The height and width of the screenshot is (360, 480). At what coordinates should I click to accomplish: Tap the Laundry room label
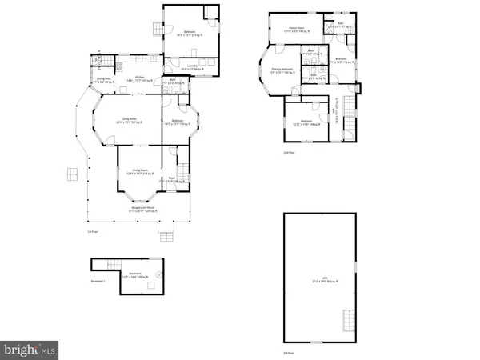[192, 67]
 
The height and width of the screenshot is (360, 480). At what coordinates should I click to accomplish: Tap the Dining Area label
[102, 78]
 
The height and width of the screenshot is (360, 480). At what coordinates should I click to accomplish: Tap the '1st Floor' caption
[92, 231]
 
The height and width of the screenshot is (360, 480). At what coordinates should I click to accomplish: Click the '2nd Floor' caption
[288, 151]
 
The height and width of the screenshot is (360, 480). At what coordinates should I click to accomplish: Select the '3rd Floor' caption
[288, 352]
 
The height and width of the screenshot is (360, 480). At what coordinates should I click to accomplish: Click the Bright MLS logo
[30, 350]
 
